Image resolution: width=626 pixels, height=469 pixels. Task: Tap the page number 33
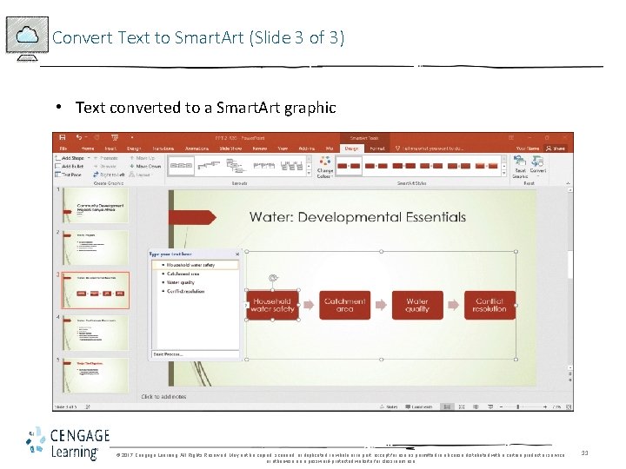pos(585,452)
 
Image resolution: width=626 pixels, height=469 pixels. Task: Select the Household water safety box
pos(273,305)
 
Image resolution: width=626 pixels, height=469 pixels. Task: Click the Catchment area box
pos(344,305)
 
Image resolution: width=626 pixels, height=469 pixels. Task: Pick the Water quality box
pos(416,305)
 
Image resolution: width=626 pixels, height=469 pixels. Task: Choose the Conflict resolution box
pos(489,305)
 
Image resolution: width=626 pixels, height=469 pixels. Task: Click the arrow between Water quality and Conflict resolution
pos(453,305)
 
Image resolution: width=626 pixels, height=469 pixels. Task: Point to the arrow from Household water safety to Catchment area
pos(308,305)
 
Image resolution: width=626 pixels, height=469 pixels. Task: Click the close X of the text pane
pos(236,254)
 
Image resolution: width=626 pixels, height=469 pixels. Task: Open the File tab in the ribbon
pos(63,149)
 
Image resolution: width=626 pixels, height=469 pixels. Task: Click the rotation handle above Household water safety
pos(272,278)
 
